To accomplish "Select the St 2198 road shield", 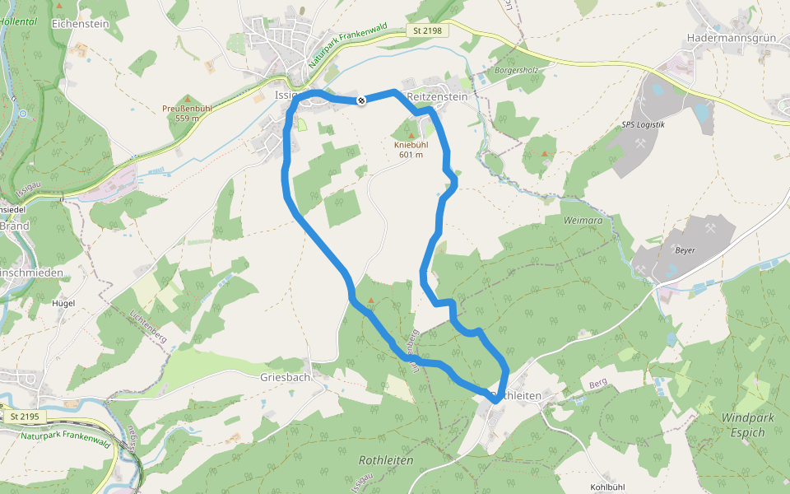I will [x=427, y=30].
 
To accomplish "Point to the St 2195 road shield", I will [x=26, y=417].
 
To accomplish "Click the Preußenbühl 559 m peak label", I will [x=187, y=113].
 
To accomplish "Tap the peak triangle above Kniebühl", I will [x=411, y=135].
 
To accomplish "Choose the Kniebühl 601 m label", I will [x=411, y=149].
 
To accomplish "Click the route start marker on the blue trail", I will [x=360, y=100].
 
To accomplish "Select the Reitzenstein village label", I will [x=438, y=96].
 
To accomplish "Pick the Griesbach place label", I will [x=285, y=377].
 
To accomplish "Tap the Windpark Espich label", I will [x=748, y=424].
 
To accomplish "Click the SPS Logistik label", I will [x=644, y=125].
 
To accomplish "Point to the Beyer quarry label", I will [x=685, y=249].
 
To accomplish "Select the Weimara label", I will [x=583, y=221].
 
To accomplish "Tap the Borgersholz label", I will [x=517, y=70].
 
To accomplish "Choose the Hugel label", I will [x=63, y=303].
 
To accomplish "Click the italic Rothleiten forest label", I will [x=386, y=460].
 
